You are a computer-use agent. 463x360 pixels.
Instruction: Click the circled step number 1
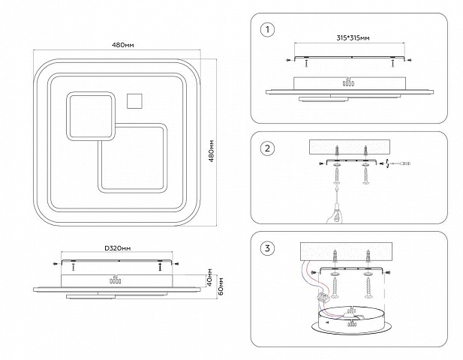268,30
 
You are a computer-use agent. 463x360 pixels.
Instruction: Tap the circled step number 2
268,148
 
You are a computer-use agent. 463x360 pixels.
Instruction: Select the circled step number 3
268,248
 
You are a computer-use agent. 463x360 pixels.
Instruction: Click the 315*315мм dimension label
353,38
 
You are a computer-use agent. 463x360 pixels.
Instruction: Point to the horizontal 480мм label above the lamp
123,45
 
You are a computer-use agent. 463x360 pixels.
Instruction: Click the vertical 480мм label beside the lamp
212,151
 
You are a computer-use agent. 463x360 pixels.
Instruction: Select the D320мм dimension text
118,248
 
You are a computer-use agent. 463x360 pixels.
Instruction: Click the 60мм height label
221,286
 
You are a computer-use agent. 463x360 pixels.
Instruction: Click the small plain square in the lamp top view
134,101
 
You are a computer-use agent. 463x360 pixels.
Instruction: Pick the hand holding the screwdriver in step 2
335,214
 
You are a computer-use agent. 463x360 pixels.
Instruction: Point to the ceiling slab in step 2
350,147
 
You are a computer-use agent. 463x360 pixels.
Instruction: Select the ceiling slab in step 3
347,252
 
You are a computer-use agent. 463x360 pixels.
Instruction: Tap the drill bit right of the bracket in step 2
398,163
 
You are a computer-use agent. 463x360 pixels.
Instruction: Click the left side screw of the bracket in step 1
289,60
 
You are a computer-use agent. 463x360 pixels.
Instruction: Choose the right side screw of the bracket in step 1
409,60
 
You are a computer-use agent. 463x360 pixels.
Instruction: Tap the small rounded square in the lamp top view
90,116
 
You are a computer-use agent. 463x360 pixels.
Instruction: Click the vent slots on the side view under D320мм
115,281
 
